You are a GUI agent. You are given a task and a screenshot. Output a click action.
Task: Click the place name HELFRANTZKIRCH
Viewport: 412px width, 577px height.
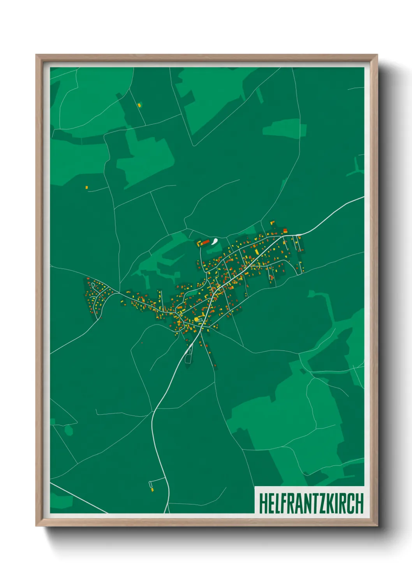click(x=311, y=504)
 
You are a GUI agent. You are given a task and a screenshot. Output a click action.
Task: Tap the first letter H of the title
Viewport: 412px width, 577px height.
click(x=262, y=504)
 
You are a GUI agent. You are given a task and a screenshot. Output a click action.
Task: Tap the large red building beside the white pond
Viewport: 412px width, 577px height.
click(x=205, y=242)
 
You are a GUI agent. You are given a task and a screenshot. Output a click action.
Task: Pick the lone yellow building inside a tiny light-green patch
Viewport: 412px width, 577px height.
click(x=139, y=104)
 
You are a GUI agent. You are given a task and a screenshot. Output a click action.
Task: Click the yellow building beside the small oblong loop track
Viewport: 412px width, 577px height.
click(x=152, y=490)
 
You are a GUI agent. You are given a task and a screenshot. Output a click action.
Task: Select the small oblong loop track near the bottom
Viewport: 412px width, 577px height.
click(x=151, y=485)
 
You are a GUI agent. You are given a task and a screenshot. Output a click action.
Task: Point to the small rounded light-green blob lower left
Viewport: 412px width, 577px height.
click(x=69, y=431)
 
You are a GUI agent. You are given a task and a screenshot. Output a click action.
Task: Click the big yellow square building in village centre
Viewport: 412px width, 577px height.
click(x=196, y=319)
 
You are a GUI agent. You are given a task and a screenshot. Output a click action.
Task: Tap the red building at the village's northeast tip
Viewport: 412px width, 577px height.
click(x=285, y=230)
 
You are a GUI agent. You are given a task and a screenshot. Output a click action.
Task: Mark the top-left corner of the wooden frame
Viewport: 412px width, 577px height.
click(x=36, y=55)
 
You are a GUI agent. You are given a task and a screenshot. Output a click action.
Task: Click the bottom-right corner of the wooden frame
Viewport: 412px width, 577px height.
click(x=377, y=526)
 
